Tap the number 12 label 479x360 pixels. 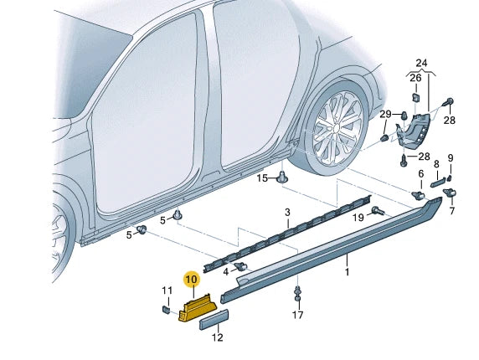tap(217, 338)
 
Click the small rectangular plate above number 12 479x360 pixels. tap(214, 320)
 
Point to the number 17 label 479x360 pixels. tap(297, 316)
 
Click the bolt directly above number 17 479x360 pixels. tap(297, 294)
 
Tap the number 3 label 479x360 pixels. tap(286, 213)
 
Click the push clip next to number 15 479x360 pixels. tap(283, 177)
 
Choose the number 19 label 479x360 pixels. tap(358, 218)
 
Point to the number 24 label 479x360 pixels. tap(420, 64)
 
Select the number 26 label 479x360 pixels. tap(415, 78)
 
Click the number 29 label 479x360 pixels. tap(385, 114)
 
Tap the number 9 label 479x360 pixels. tap(450, 158)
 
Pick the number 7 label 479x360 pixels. tap(452, 212)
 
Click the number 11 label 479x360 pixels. tap(166, 291)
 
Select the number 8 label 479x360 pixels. tap(436, 165)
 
